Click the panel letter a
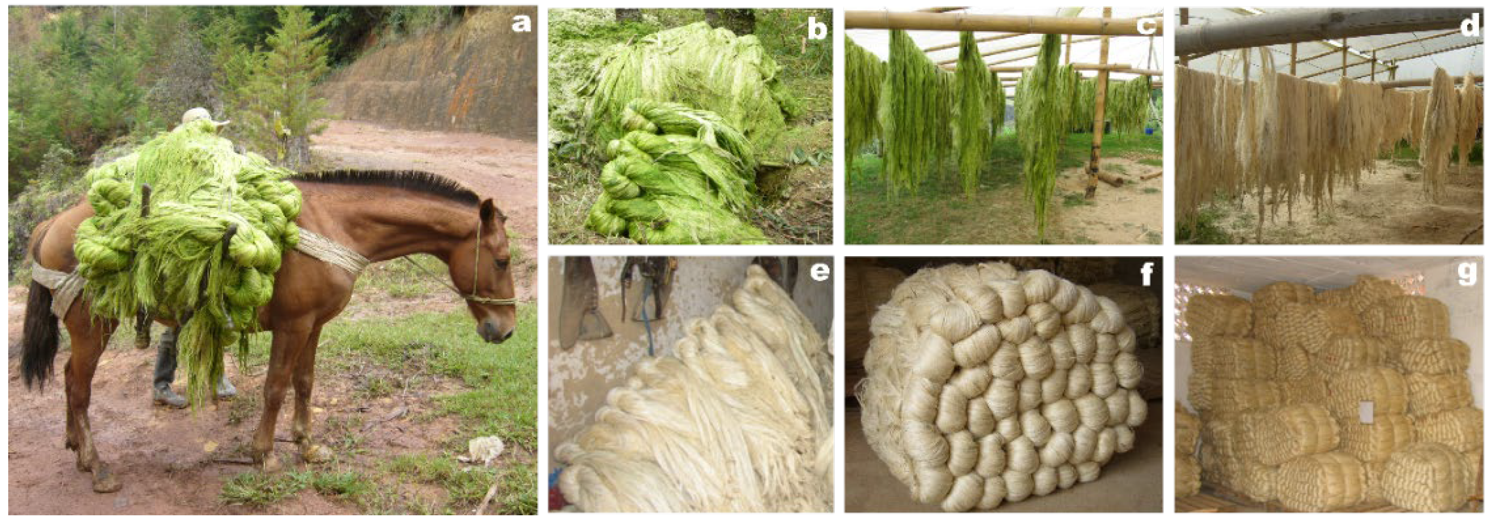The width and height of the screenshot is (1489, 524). click(x=521, y=24)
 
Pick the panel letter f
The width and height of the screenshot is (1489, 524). click(x=1146, y=274)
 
